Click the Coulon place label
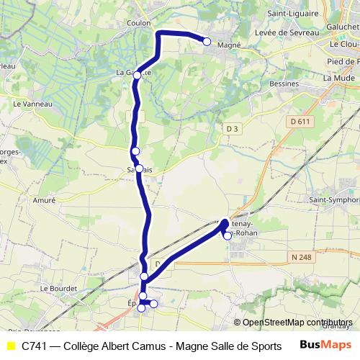pos(138,22)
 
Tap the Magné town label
pos(228,44)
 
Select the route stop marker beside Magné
pos(207,42)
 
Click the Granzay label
pos(336,325)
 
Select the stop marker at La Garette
pos(137,75)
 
